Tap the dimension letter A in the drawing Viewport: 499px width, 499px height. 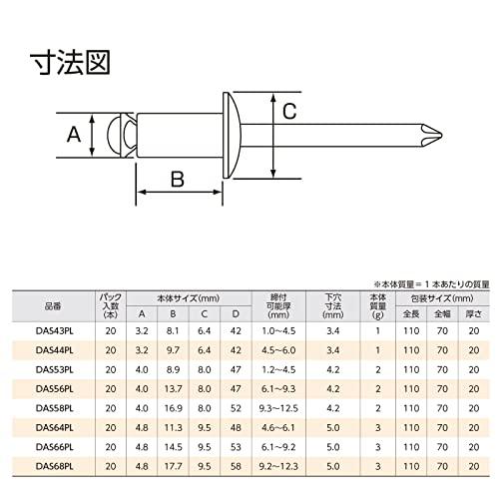click(73, 133)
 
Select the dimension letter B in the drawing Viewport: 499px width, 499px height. click(177, 179)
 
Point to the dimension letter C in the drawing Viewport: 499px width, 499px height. click(286, 111)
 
